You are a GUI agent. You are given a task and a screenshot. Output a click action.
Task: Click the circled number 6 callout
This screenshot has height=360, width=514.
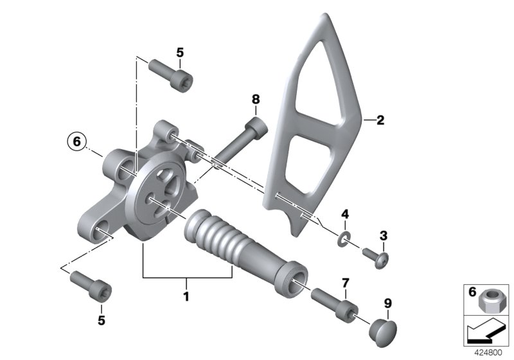(76, 141)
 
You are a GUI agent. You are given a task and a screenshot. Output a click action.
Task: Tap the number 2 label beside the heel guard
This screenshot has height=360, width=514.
(380, 120)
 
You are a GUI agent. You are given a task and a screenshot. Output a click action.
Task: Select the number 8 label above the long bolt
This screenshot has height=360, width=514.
(256, 99)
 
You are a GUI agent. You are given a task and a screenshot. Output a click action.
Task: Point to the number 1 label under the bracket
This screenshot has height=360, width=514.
(186, 297)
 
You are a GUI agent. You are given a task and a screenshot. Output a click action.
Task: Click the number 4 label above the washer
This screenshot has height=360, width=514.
(345, 215)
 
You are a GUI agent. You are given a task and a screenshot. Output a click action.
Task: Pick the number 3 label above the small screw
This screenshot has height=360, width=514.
(384, 235)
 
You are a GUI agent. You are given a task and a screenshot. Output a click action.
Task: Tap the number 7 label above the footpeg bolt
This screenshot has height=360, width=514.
(346, 283)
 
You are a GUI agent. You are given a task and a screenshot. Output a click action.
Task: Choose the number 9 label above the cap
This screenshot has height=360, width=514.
(388, 303)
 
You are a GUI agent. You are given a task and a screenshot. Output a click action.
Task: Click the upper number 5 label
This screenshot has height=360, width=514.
(180, 53)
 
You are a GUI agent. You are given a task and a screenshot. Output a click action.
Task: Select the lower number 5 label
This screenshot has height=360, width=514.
(102, 320)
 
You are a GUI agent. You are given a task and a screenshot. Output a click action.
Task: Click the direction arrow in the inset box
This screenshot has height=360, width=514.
(485, 331)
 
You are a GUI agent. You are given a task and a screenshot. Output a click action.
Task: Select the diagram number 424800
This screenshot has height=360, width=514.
(488, 353)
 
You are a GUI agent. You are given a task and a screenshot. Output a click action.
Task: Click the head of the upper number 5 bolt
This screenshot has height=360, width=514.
(182, 80)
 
